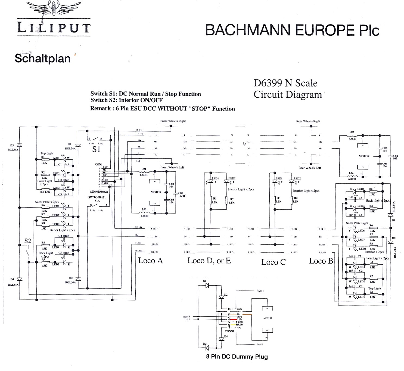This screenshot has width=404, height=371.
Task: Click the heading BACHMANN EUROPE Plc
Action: (292, 30)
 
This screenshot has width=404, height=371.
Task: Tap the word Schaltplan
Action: (42, 58)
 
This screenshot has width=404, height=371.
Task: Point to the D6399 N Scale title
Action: (285, 83)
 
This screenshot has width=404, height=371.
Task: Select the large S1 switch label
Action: (96, 149)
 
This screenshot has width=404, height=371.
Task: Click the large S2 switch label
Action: (28, 241)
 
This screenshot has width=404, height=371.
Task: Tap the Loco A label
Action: (150, 261)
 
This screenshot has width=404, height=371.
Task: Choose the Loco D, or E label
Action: (209, 261)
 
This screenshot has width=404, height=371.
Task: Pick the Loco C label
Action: (274, 262)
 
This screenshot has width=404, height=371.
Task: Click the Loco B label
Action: (321, 261)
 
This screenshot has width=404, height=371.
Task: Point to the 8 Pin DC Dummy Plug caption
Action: (237, 357)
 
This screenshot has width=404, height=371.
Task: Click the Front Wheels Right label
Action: (173, 121)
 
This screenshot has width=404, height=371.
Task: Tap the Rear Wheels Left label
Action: (310, 168)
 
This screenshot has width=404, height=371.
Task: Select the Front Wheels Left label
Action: (172, 167)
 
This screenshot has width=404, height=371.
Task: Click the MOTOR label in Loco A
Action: (156, 192)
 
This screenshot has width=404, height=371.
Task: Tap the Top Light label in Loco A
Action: (47, 153)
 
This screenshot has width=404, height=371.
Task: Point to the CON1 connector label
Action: (99, 165)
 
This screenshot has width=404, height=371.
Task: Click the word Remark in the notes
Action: (100, 109)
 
